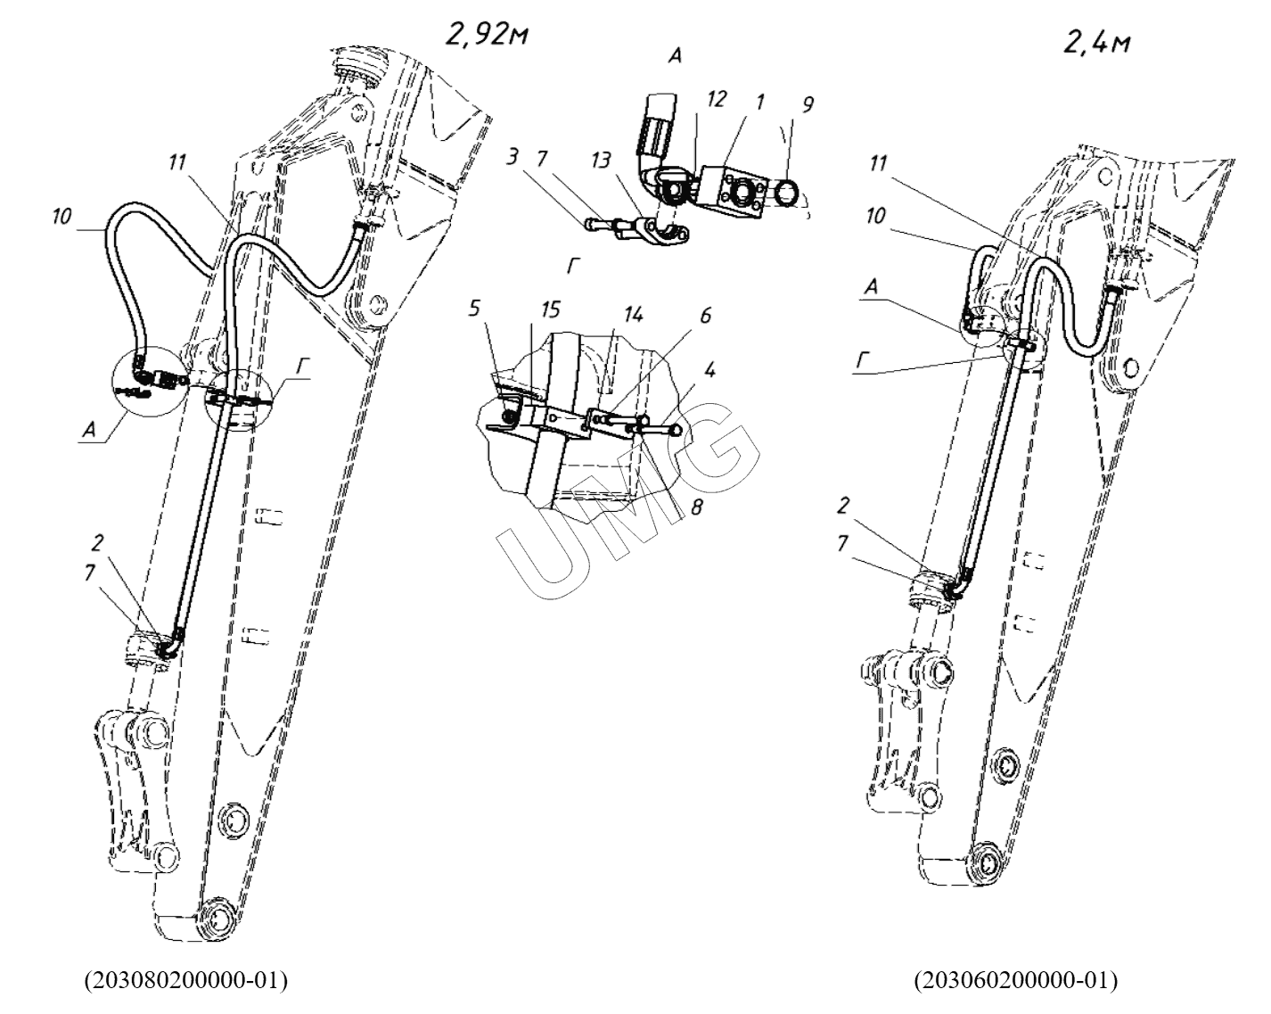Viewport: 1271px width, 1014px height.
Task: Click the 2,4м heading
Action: (x=1097, y=42)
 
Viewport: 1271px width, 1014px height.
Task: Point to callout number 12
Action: (x=716, y=99)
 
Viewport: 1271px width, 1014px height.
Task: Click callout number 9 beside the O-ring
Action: (x=808, y=104)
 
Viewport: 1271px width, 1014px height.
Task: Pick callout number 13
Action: (x=602, y=160)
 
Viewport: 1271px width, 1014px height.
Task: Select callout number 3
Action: (x=512, y=157)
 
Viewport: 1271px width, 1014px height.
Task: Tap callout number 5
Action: (x=475, y=308)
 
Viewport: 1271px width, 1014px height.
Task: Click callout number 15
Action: (x=550, y=309)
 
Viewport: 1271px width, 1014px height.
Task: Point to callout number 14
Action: (x=633, y=314)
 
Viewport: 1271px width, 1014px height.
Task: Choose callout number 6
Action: (x=706, y=316)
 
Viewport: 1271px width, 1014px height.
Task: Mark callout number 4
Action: (x=709, y=370)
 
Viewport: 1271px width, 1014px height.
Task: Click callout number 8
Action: (x=697, y=507)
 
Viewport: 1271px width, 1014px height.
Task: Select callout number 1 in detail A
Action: (x=760, y=102)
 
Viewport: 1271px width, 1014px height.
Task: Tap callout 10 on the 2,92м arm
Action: (x=61, y=217)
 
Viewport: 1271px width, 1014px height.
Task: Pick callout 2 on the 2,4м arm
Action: (x=843, y=506)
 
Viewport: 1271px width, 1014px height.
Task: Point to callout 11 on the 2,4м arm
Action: (x=878, y=163)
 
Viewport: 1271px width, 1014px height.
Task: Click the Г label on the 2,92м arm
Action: (x=302, y=367)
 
